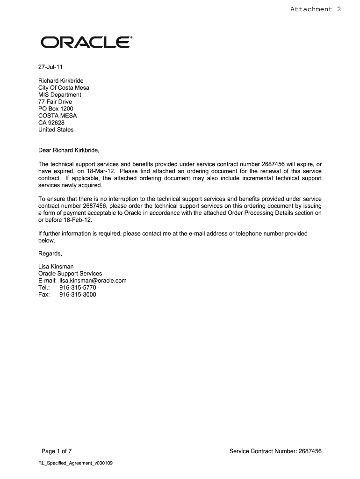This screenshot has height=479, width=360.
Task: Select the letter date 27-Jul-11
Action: click(50, 66)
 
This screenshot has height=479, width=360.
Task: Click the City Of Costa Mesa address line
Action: click(64, 87)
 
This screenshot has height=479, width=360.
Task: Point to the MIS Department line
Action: click(60, 94)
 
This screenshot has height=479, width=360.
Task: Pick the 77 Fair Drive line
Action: click(55, 102)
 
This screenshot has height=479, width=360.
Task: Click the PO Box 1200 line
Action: click(56, 109)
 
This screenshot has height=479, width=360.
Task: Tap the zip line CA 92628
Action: click(51, 123)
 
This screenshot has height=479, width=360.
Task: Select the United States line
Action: click(56, 130)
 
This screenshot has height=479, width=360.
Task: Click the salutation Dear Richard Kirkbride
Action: click(69, 151)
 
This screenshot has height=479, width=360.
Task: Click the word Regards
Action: click(50, 254)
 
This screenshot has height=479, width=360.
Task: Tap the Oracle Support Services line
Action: click(70, 274)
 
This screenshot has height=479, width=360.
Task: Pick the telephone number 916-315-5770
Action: click(78, 288)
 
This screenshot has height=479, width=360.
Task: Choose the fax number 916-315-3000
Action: click(78, 295)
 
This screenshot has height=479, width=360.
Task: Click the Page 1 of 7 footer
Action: click(57, 451)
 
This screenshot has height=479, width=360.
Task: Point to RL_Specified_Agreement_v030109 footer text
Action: click(75, 464)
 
